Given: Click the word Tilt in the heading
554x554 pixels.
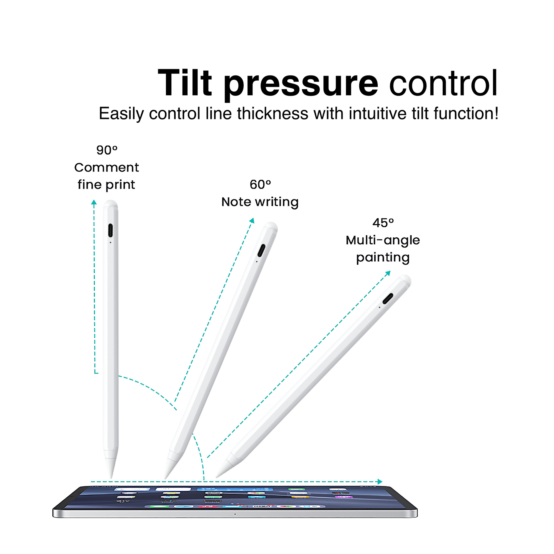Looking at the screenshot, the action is coord(185,83).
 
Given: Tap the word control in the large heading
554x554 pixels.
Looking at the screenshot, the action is coord(443,83).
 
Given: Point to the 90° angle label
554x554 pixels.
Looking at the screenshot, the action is coord(107,150).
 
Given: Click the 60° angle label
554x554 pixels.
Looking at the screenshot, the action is coord(260,184).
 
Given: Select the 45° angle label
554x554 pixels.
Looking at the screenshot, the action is coord(383,223).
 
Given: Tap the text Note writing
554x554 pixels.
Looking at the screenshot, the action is coord(260,202).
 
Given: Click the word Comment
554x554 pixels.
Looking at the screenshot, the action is coord(106,167).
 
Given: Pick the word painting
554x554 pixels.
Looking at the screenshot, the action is coord(383,258).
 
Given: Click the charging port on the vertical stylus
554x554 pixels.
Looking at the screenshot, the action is coord(110,231).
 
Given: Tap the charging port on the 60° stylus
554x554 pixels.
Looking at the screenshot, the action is coord(261,251).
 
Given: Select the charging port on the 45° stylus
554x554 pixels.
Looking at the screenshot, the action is coord(388,299).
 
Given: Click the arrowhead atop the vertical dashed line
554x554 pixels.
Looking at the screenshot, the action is coord(94,202).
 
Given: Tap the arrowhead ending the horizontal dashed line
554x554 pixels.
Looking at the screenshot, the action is coord(380,482).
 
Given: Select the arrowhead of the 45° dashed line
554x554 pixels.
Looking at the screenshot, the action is coord(388,273).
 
